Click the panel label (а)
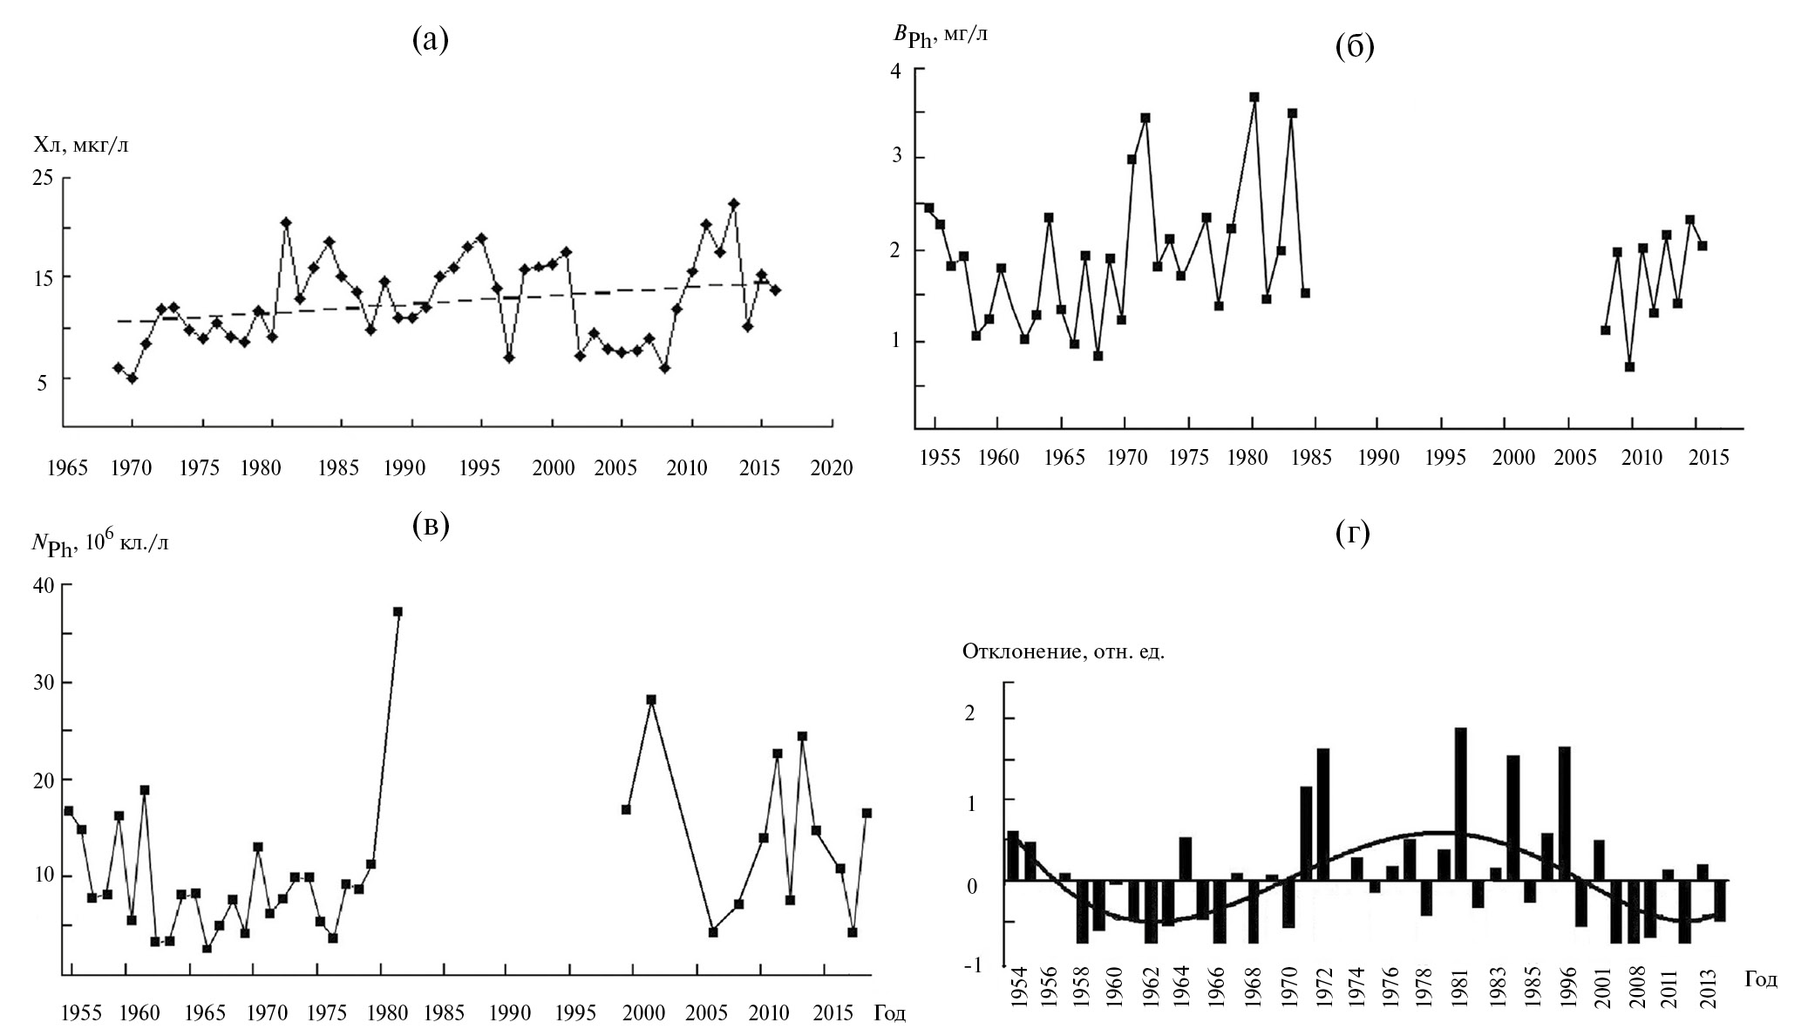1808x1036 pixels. click(430, 39)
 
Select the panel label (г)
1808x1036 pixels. click(1353, 532)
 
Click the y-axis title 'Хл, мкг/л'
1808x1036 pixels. click(81, 145)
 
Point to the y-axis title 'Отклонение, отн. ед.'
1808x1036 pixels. click(1063, 651)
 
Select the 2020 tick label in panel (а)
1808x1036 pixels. click(832, 468)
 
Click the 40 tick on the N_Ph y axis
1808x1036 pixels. click(44, 586)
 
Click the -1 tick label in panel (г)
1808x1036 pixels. click(989, 965)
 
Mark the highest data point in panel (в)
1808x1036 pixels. click(398, 612)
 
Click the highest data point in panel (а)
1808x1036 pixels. click(734, 204)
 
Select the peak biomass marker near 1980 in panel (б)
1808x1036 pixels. click(1254, 98)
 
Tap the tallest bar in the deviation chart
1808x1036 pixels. click(1461, 802)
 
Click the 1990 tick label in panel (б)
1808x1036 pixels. click(1377, 458)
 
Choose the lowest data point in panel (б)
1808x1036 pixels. click(1629, 367)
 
